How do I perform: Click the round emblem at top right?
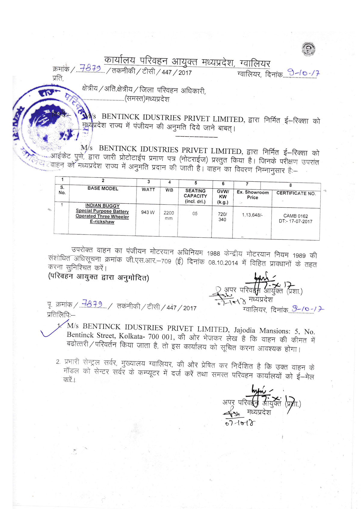[x=308, y=49]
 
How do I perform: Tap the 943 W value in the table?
[x=148, y=212]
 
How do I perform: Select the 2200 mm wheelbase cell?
[x=169, y=215]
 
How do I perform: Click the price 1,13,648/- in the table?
[x=252, y=215]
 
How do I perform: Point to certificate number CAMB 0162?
[x=296, y=216]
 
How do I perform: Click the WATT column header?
[x=148, y=190]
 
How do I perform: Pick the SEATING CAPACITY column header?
[x=196, y=196]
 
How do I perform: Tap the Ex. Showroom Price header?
[x=253, y=195]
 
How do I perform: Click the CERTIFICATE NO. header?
[x=296, y=193]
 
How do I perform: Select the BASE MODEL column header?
[x=103, y=189]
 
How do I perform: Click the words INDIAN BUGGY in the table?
[x=102, y=206]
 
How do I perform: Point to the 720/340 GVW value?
[x=222, y=217]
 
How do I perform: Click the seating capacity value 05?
[x=195, y=214]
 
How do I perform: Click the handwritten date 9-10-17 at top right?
[x=304, y=73]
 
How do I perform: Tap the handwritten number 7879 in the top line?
[x=90, y=69]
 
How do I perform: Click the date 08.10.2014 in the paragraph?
[x=223, y=263]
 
